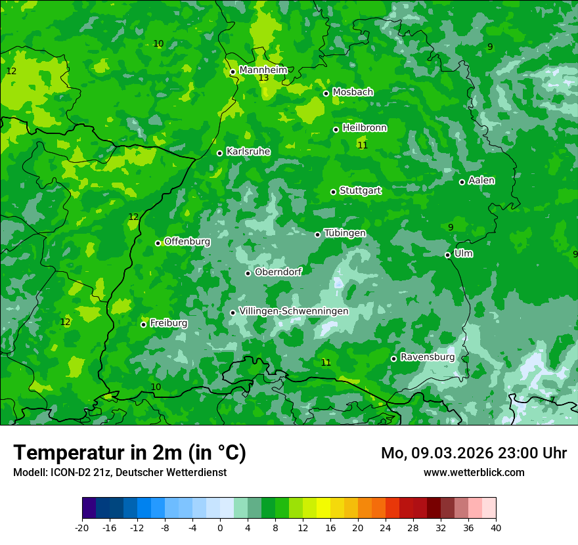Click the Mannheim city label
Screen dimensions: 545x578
click(x=263, y=70)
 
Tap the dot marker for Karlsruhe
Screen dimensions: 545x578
click(x=219, y=153)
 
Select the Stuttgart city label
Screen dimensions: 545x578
click(x=360, y=190)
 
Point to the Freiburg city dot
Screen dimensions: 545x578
click(x=143, y=324)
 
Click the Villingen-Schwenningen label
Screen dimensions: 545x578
click(x=294, y=311)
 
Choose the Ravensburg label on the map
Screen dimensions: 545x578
click(x=427, y=357)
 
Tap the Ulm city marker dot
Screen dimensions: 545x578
click(x=447, y=255)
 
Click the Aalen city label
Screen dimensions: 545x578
click(x=481, y=181)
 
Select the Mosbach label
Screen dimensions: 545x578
click(x=353, y=92)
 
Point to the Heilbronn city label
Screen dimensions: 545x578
click(x=365, y=128)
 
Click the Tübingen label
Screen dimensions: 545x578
click(x=345, y=233)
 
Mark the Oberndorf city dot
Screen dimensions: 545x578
click(x=248, y=273)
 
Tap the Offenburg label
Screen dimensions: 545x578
click(x=187, y=242)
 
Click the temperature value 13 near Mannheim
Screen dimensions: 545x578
click(x=263, y=78)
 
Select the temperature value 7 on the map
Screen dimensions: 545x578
click(x=552, y=399)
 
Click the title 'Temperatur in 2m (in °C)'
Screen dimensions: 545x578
click(x=129, y=453)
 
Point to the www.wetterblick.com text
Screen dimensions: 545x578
click(x=474, y=472)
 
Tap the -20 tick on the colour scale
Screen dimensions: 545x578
click(x=82, y=527)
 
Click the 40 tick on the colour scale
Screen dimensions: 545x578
click(x=495, y=527)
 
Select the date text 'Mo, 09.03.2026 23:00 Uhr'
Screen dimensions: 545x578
click(x=474, y=453)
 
